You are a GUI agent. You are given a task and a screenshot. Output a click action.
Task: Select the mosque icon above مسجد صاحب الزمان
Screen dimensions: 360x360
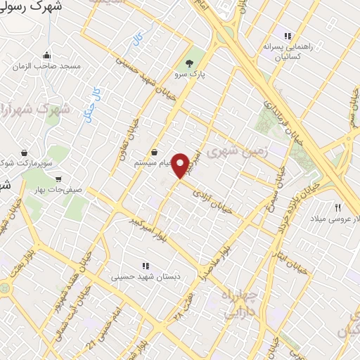click(x=46, y=56)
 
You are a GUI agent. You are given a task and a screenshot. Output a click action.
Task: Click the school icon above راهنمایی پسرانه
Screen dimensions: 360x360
click(x=287, y=35)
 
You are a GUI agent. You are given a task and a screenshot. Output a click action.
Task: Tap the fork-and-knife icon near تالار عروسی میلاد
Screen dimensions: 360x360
click(x=337, y=207)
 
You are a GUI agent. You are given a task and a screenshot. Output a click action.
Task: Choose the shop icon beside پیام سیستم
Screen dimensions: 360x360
click(x=153, y=152)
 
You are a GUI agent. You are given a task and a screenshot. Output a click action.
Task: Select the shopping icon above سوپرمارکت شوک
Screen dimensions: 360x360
click(x=25, y=152)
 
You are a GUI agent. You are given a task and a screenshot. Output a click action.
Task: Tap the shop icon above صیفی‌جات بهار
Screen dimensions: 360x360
click(x=58, y=179)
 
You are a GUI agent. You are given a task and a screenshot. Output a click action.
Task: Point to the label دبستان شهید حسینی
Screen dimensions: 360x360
click(x=146, y=277)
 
